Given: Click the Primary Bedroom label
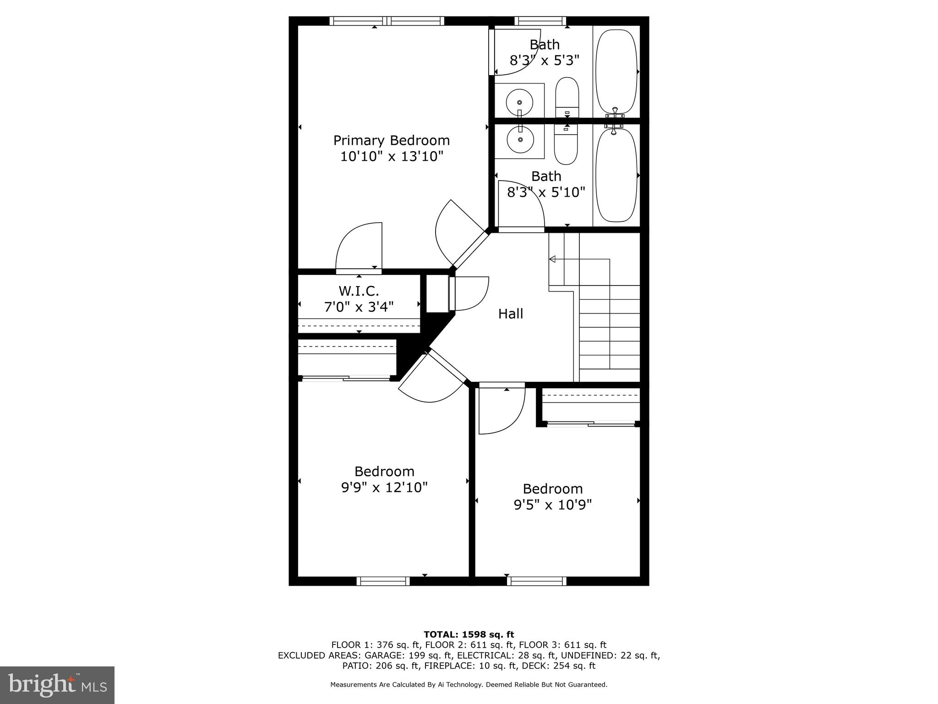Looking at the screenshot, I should (391, 140).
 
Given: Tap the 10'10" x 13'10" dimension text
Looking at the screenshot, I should (391, 157).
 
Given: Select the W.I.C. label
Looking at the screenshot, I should (359, 291).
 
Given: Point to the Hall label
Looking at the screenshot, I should (510, 314).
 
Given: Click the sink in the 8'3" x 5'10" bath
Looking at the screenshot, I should (520, 140).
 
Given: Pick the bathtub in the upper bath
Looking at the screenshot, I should (616, 71).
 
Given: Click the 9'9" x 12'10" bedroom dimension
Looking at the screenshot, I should (384, 487).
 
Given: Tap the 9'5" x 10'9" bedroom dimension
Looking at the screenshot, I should (552, 505).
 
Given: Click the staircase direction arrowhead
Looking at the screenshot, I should (552, 259).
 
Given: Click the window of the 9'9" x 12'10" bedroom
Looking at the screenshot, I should (383, 581).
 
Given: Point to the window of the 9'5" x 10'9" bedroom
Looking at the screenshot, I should (536, 581).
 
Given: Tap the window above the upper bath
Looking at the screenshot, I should (540, 21).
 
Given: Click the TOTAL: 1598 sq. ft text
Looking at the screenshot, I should (469, 635).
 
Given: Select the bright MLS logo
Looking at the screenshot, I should (57, 685).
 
